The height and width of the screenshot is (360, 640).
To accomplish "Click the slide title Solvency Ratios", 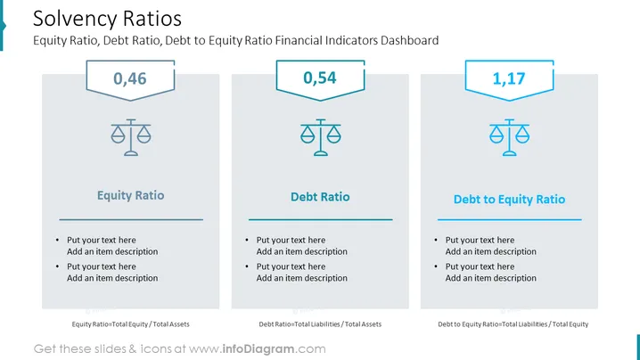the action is [107, 19].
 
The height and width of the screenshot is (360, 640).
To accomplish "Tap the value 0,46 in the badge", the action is [130, 78].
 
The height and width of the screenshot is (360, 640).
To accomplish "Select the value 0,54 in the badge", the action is [320, 78].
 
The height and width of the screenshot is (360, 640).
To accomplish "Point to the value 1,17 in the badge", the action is [509, 78].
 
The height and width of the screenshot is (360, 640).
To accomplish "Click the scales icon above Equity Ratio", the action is [131, 137].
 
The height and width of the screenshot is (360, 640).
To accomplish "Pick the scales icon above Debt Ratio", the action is [320, 137].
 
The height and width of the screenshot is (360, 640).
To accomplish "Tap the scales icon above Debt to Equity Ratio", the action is [509, 137].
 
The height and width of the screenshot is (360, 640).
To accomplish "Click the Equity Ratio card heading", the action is [131, 195].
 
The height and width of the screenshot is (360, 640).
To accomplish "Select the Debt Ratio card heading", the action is [320, 197].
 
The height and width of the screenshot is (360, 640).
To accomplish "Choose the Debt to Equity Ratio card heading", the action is [509, 200].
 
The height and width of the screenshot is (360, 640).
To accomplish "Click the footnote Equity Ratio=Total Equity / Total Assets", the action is [131, 324].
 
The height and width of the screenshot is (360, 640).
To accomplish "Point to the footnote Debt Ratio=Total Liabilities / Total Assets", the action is [320, 324].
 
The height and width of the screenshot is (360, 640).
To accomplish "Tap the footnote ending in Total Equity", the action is [513, 324].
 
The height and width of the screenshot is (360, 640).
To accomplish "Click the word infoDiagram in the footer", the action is [258, 349].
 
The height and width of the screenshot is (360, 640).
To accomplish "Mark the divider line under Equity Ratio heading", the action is [131, 219].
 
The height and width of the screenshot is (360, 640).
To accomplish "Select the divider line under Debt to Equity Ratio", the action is [509, 219].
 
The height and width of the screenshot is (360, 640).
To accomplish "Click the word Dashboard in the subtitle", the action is [409, 40].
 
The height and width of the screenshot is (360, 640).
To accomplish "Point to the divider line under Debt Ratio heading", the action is [320, 219].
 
